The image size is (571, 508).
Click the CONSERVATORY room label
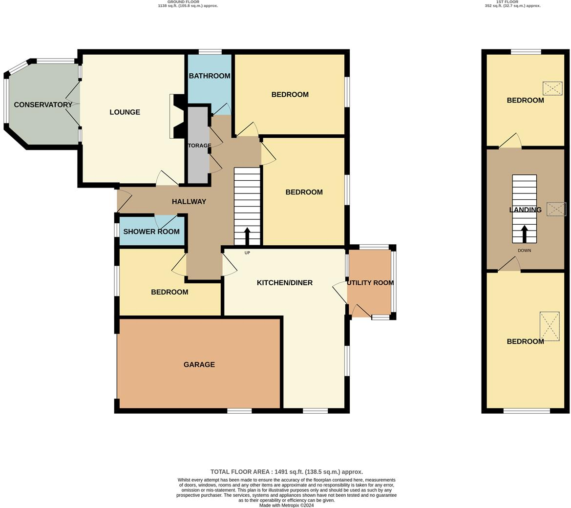[43, 105]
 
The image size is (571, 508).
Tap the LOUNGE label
[125, 112]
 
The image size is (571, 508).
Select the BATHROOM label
[210, 76]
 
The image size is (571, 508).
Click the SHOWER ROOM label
[151, 232]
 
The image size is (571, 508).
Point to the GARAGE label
[199, 364]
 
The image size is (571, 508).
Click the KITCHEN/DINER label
[285, 282]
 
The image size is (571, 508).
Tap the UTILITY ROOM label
[370, 283]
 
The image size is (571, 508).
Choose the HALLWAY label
[189, 201]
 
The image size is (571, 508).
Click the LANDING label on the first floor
[525, 210]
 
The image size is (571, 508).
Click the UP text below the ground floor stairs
[247, 253]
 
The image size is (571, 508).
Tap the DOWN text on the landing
[524, 251]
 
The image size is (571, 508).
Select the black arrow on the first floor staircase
[525, 233]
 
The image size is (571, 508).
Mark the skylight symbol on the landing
[556, 209]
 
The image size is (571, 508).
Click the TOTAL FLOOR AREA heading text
[286, 472]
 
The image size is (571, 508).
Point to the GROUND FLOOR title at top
[183, 2]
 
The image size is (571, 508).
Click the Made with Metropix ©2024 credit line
[286, 505]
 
